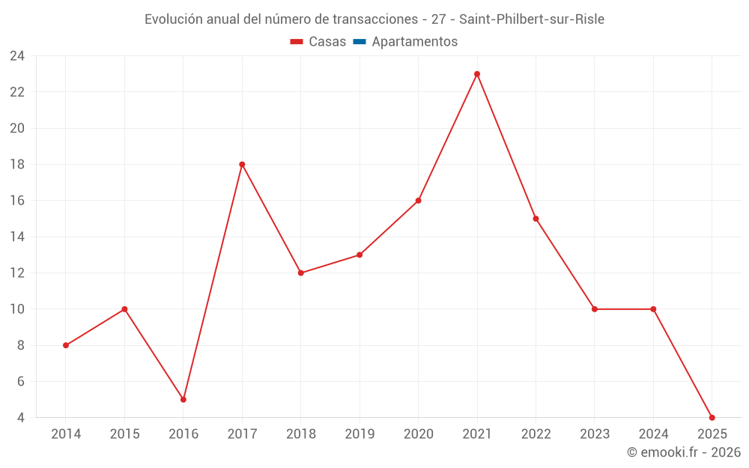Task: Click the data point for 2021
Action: pyautogui.click(x=477, y=74)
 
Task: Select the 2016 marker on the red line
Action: pyautogui.click(x=184, y=399)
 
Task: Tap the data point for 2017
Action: pyautogui.click(x=242, y=165)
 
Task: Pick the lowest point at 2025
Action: pyautogui.click(x=712, y=417)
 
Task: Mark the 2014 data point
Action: pyautogui.click(x=66, y=345)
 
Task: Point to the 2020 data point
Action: pyautogui.click(x=418, y=201)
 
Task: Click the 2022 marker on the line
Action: pyautogui.click(x=536, y=219)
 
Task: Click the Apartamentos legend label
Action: pyautogui.click(x=414, y=42)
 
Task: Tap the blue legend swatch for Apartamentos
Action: pyautogui.click(x=360, y=42)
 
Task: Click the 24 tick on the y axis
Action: pyautogui.click(x=17, y=56)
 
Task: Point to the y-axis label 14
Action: pyautogui.click(x=17, y=237)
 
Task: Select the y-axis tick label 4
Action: pyautogui.click(x=21, y=417)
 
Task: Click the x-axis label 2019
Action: pyautogui.click(x=360, y=434)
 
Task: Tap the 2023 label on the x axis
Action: pyautogui.click(x=595, y=434)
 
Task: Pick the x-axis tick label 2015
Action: pyautogui.click(x=124, y=434)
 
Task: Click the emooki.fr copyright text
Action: pyautogui.click(x=684, y=452)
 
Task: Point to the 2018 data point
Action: pyautogui.click(x=301, y=273)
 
